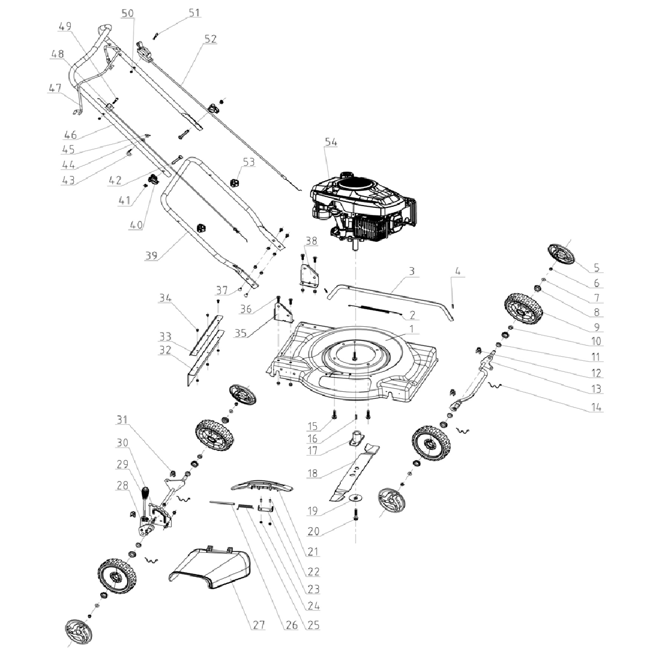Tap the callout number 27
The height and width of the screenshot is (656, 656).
pyautogui.click(x=259, y=625)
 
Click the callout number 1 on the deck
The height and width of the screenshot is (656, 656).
pyautogui.click(x=415, y=330)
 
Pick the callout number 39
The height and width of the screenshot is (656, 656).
pyautogui.click(x=152, y=255)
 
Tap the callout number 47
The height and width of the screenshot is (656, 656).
pyautogui.click(x=55, y=88)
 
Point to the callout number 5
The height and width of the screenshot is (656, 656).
pyautogui.click(x=596, y=269)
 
